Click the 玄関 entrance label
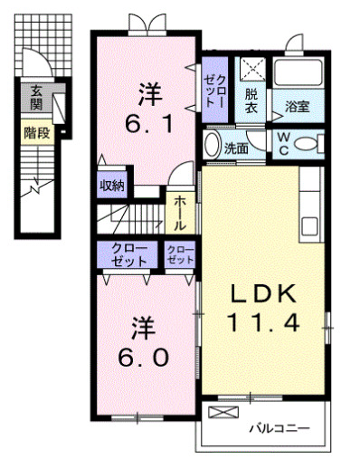point(36,97)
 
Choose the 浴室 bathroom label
point(298,105)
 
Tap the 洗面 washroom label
point(237,148)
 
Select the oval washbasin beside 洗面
point(212,145)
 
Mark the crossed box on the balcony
point(222,412)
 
